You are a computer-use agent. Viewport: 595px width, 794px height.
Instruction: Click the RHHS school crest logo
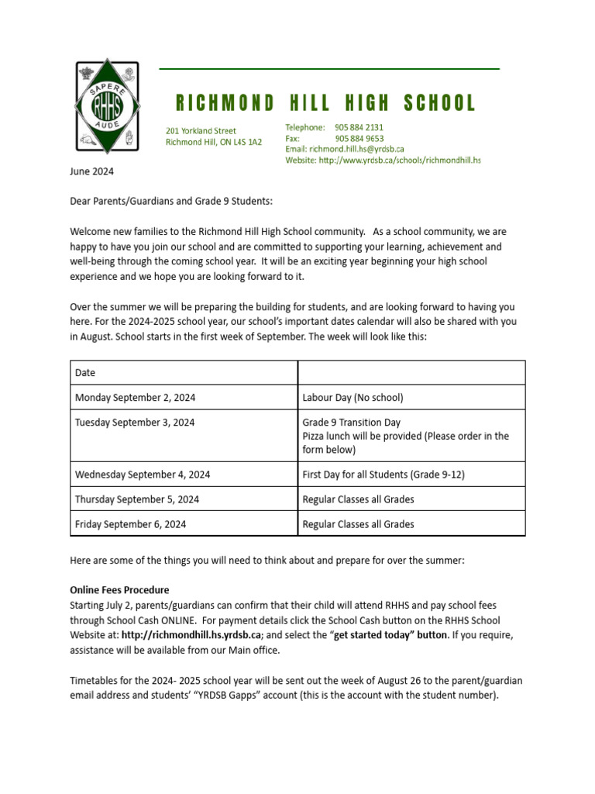tap(107, 106)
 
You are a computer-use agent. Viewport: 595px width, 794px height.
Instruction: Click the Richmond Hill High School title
tap(325, 103)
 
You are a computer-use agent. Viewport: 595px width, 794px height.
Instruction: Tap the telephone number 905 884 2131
tap(359, 127)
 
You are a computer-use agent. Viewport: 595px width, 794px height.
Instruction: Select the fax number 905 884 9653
tap(359, 138)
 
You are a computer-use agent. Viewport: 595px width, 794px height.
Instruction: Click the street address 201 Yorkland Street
tap(201, 131)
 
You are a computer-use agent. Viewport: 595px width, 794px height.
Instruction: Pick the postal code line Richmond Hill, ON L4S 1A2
tap(214, 142)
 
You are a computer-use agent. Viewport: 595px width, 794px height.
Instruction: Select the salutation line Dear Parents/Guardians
tap(171, 202)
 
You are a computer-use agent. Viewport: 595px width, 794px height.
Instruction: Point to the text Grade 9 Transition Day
tap(351, 423)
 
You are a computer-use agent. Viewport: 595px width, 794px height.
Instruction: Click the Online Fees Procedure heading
tap(119, 590)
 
